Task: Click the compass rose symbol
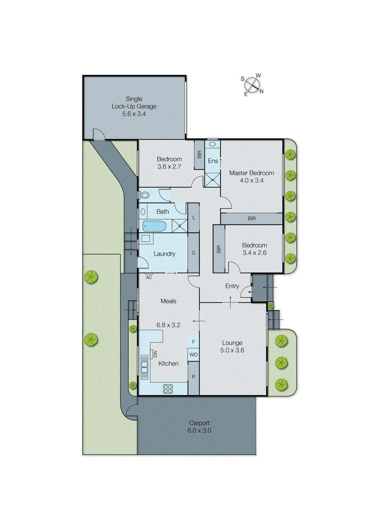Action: [x=252, y=85]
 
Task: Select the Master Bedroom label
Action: [x=251, y=173]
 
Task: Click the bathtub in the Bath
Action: [x=154, y=226]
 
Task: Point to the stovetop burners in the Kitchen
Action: [x=168, y=389]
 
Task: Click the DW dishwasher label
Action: [x=155, y=354]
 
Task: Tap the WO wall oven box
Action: [x=193, y=355]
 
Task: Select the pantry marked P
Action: [x=193, y=377]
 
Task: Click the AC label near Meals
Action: [x=149, y=277]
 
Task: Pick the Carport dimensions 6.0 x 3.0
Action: [x=199, y=430]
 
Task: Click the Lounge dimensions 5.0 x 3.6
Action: [x=232, y=350]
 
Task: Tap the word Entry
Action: [x=232, y=286]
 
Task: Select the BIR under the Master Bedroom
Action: [x=251, y=219]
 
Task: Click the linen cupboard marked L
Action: [x=193, y=218]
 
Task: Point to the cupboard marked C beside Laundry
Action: [x=193, y=253]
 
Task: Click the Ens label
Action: [x=213, y=161]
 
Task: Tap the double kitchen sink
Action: [x=144, y=366]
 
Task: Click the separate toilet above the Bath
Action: [x=144, y=195]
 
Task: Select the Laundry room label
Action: [x=164, y=254]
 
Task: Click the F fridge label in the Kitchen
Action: [x=193, y=342]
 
